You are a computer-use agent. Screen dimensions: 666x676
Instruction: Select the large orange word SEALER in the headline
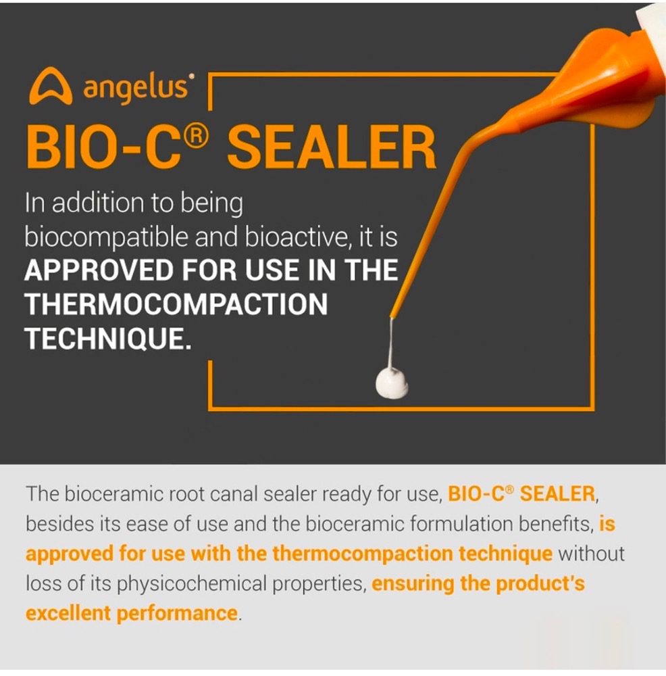331,147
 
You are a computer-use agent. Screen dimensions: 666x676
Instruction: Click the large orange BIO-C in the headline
104,147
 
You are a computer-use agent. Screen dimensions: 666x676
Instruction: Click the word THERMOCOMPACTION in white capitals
176,304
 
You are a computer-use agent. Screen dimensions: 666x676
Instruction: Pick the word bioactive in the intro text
296,237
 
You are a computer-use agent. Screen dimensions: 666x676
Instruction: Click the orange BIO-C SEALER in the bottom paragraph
521,494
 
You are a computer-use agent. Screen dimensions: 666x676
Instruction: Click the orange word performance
177,614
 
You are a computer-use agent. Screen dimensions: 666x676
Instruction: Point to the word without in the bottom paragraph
591,554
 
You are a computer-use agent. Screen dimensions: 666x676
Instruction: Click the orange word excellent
68,613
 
